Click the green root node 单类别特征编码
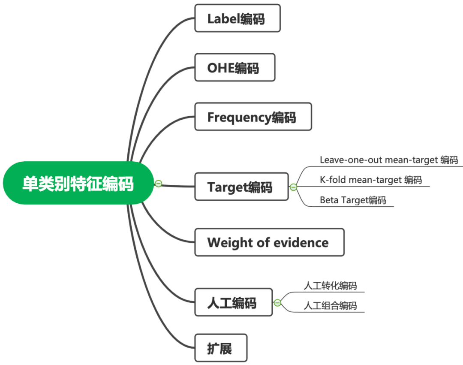click(x=78, y=183)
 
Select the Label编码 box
click(x=237, y=18)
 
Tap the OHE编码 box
click(x=235, y=67)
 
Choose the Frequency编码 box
click(x=253, y=117)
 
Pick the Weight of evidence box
click(x=269, y=242)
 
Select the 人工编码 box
click(x=233, y=302)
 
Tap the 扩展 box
click(x=220, y=348)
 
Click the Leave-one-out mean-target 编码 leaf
click(x=389, y=160)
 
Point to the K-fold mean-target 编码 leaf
click(x=371, y=180)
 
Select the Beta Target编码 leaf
click(x=353, y=200)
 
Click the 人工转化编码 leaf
click(x=330, y=286)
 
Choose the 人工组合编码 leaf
click(x=330, y=305)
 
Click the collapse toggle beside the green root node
click(x=158, y=184)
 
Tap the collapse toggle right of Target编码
click(x=293, y=187)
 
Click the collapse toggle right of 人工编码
click(x=277, y=303)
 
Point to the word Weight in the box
click(x=229, y=242)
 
